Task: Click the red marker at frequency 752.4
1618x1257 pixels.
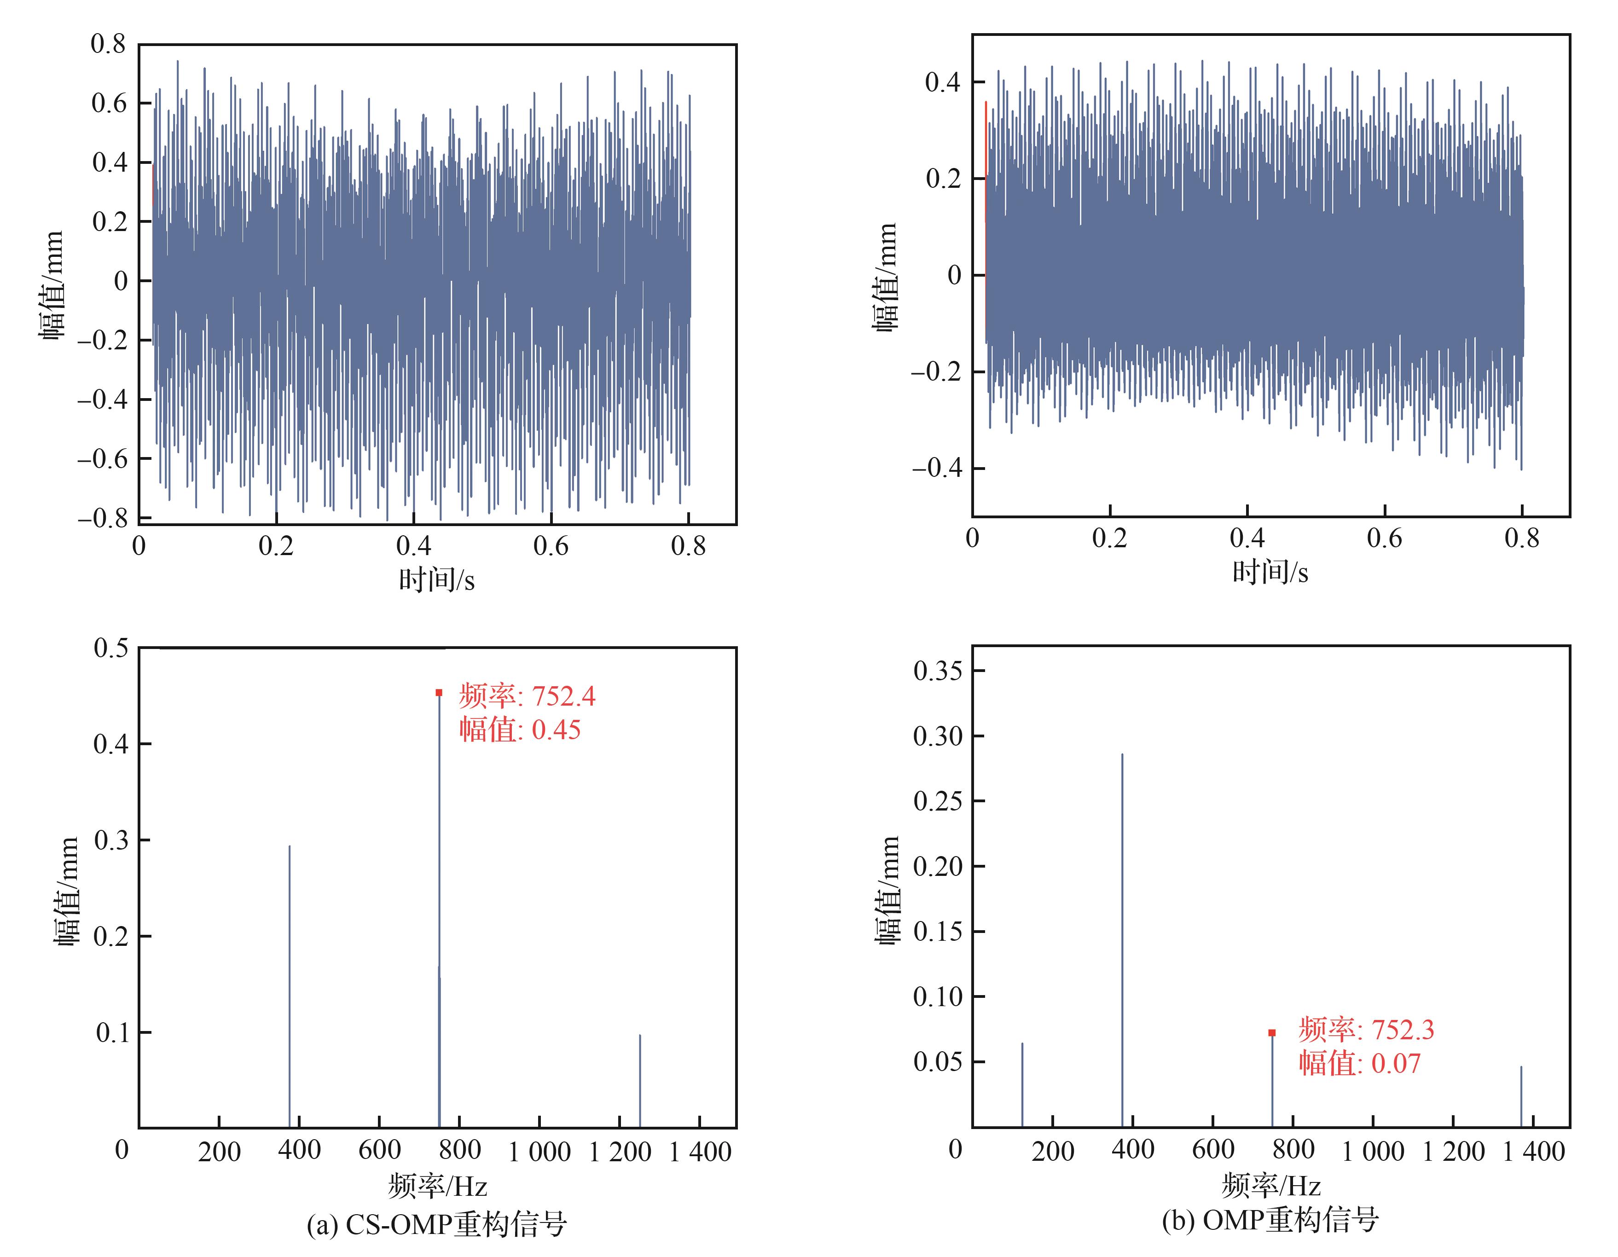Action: point(439,693)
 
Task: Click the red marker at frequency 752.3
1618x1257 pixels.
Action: point(1272,1032)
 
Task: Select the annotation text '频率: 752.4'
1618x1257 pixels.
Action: point(527,696)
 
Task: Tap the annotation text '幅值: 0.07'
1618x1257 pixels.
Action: point(1359,1064)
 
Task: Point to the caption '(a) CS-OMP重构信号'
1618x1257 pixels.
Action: point(436,1224)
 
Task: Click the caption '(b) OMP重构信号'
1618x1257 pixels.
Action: point(1270,1219)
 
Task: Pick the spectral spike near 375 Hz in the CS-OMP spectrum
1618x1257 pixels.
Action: point(290,985)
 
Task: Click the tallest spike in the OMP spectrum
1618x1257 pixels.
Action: point(1122,941)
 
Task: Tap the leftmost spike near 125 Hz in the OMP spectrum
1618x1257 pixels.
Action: point(1022,1085)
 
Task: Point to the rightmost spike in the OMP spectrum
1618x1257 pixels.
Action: point(1521,1096)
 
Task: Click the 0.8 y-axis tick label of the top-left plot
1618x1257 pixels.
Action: point(108,44)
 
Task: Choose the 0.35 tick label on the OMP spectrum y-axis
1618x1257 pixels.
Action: point(938,671)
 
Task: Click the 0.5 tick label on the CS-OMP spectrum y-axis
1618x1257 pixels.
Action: point(111,648)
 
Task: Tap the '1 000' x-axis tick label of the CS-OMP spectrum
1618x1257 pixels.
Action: point(539,1152)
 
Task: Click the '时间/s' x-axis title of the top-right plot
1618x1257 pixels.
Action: point(1270,572)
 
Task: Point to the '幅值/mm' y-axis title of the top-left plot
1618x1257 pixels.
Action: point(52,285)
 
